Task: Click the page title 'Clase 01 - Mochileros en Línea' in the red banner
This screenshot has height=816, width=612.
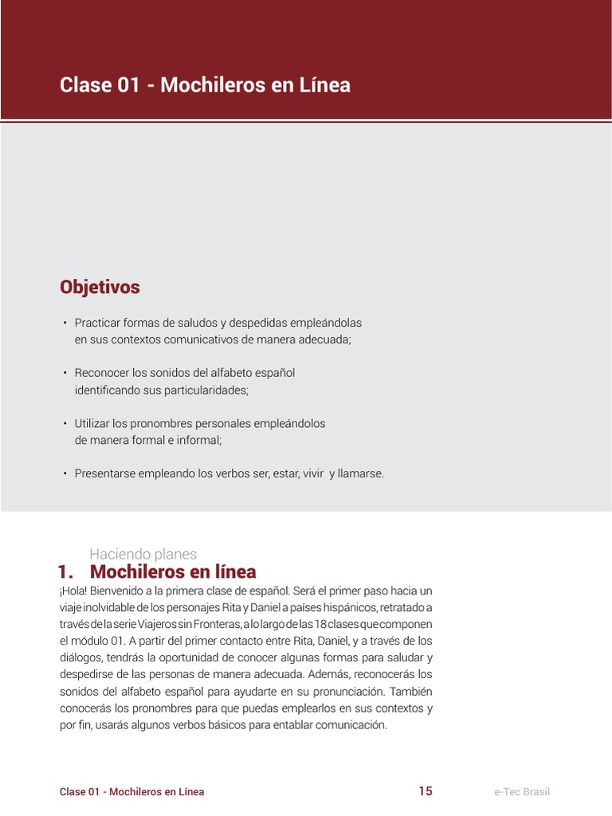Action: pyautogui.click(x=205, y=85)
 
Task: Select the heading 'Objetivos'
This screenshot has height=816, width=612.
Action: pyautogui.click(x=100, y=287)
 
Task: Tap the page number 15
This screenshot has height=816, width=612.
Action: pyautogui.click(x=426, y=791)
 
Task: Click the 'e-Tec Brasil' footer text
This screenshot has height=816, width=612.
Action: pyautogui.click(x=522, y=792)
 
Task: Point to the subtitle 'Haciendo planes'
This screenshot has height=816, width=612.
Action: pyautogui.click(x=143, y=554)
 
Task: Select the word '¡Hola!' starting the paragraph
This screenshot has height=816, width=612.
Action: pyautogui.click(x=76, y=590)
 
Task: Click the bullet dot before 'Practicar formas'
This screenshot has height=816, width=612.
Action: pyautogui.click(x=64, y=324)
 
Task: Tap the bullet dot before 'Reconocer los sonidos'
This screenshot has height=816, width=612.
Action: pyautogui.click(x=64, y=373)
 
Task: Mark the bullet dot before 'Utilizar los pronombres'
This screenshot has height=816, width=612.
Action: pyautogui.click(x=64, y=423)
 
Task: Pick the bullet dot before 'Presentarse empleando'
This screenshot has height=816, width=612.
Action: pyautogui.click(x=64, y=473)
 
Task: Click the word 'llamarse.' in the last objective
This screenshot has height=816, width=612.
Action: pyautogui.click(x=361, y=473)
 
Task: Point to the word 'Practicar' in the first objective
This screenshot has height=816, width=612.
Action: pyautogui.click(x=98, y=323)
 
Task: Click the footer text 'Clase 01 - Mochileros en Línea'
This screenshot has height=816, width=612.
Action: pyautogui.click(x=131, y=792)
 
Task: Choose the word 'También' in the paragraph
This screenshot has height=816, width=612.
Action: pyautogui.click(x=411, y=691)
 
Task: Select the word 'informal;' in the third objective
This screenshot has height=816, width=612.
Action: pyautogui.click(x=198, y=440)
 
